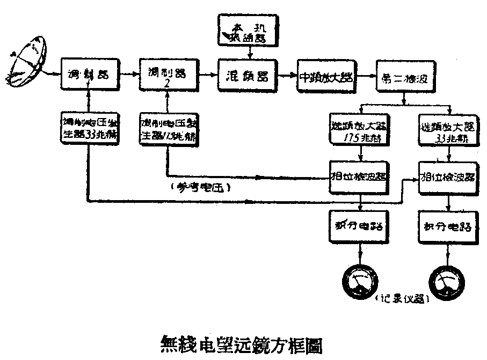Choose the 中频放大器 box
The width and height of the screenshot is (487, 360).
tap(325, 76)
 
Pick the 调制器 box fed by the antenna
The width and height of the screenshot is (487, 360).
tap(89, 75)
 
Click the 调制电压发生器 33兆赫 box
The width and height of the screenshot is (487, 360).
tap(89, 129)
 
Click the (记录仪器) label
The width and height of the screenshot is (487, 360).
tap(402, 299)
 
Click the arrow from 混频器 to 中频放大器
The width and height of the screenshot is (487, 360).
tap(288, 76)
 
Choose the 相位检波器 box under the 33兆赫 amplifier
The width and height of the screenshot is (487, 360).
tap(448, 177)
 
